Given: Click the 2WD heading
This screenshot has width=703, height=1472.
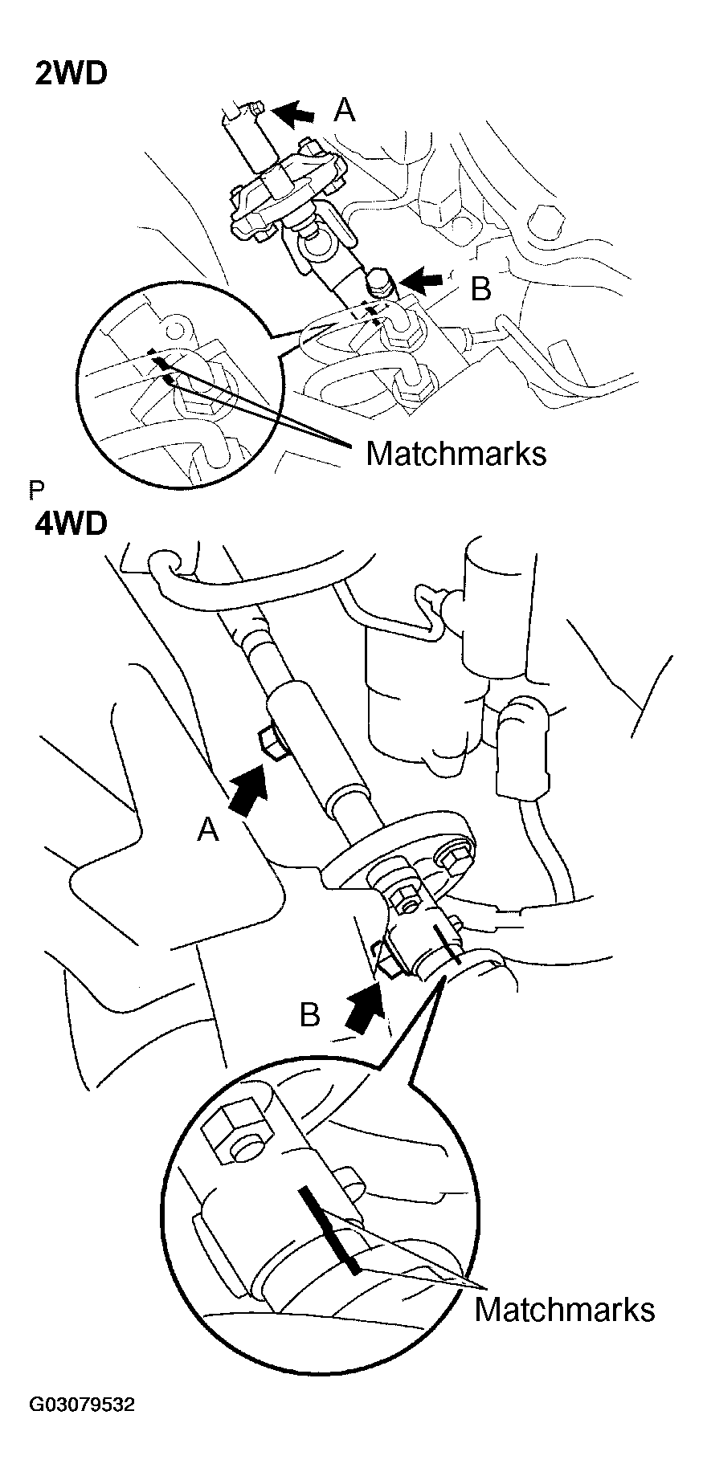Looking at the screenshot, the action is pos(71,74).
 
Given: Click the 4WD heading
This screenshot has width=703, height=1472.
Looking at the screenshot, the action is pos(71,524).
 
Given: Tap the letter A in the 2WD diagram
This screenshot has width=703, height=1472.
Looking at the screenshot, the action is pos(345,110).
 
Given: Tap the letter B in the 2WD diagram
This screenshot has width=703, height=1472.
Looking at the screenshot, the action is pos(480,289).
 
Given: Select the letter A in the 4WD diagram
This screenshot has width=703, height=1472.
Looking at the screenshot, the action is pos(208,830).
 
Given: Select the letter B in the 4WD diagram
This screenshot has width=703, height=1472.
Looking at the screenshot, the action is pos(310,1016).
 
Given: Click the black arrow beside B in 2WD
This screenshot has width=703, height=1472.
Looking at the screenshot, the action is pos(423,281).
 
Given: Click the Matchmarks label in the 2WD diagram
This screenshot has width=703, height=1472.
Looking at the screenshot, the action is pos(456,454).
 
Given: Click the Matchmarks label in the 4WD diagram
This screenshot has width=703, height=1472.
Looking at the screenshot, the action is pos(564,1309).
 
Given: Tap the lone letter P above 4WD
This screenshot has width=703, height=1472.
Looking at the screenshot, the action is pos(35,490).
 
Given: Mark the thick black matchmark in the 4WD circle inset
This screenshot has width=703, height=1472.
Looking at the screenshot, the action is pos(330,1229).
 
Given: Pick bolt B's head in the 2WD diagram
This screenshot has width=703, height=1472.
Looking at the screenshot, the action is pos(378,282).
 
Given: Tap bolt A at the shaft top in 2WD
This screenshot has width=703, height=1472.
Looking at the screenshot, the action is pos(257,108).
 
